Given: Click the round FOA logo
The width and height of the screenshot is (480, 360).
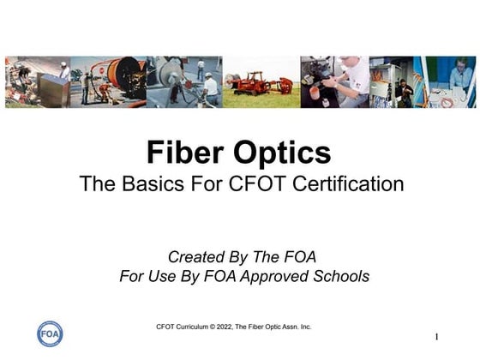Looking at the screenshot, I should [50, 333].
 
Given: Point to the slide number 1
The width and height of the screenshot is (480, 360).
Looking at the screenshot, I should [436, 337].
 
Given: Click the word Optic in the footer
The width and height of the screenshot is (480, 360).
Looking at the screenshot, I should [273, 327].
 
